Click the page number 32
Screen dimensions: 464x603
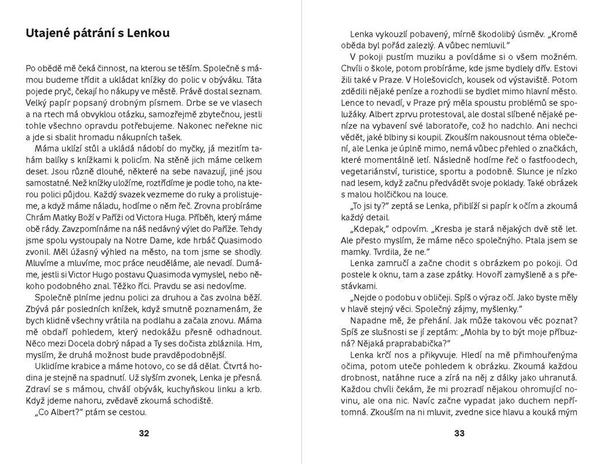point(145,433)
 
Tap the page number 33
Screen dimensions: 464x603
point(459,433)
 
